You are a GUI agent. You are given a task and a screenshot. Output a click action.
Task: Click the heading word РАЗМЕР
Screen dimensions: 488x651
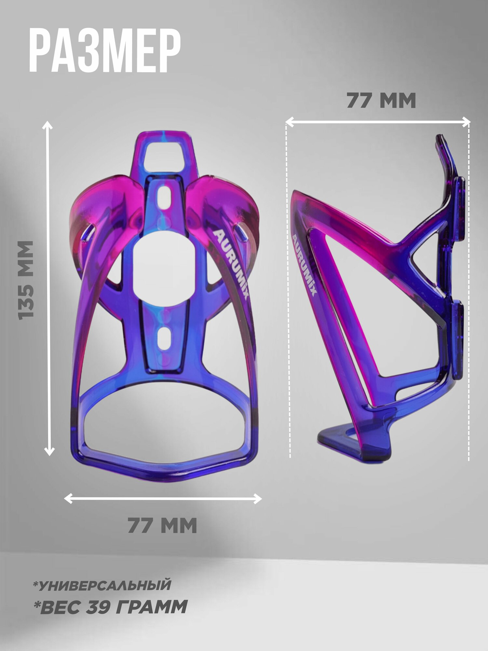coord(105,51)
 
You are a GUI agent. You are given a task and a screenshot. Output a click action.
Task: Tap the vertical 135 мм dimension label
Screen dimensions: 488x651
coord(26,280)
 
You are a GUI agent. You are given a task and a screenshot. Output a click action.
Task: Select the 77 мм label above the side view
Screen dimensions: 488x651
coord(381,101)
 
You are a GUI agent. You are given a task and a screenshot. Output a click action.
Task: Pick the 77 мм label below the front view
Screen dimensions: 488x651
coord(162,525)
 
